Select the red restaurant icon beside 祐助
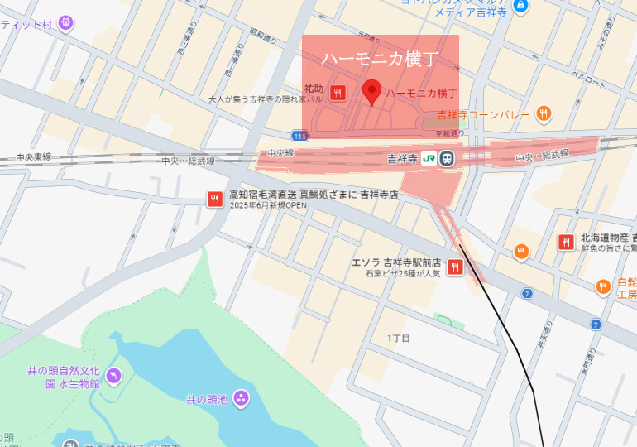pos(338,93)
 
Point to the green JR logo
pos(429,157)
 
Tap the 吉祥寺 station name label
pos(403,157)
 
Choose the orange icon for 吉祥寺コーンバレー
pos(544,113)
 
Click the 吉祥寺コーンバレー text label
pos(483,114)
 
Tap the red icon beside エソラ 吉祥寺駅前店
pos(455,267)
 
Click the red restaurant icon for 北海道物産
pos(566,242)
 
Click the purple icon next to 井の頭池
pos(241,399)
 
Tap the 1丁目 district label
pos(399,339)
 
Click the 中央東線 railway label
pos(33,156)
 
